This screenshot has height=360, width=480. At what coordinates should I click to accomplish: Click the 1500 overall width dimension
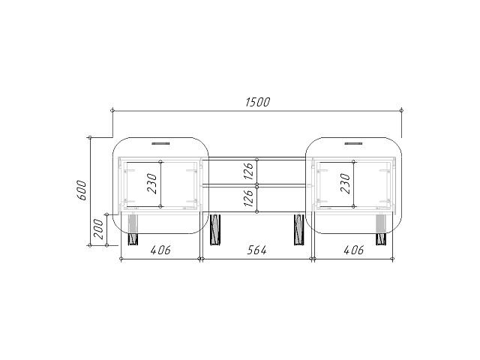[258, 102]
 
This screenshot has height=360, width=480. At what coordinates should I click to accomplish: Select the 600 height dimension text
[82, 190]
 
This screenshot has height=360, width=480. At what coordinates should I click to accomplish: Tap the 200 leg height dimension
[98, 229]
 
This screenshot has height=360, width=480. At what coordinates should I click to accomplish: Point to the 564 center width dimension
[256, 250]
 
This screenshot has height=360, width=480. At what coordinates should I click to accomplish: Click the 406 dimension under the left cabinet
[160, 250]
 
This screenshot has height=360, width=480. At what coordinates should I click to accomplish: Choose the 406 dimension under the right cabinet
[354, 250]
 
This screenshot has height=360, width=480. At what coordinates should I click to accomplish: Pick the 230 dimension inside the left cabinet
[152, 184]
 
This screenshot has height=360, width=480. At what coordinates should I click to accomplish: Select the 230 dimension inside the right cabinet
[345, 184]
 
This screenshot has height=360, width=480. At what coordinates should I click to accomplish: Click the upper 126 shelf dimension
[248, 171]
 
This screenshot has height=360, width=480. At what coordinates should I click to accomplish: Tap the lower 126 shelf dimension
[248, 198]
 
